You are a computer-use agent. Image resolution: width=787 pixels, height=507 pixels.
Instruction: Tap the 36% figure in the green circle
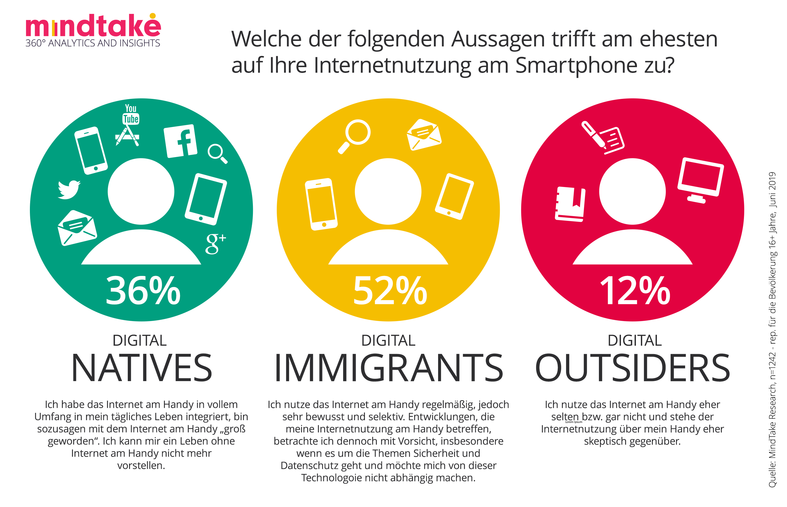[x=143, y=290]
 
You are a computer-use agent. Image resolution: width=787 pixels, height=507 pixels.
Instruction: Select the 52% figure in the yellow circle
[x=390, y=290]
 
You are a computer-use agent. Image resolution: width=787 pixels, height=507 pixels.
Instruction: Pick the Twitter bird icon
[x=68, y=189]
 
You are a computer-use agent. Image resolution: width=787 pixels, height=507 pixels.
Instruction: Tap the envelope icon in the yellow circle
[x=424, y=135]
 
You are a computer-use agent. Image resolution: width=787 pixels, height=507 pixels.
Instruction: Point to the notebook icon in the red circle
[x=570, y=204]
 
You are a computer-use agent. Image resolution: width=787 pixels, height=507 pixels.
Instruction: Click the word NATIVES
[x=142, y=368]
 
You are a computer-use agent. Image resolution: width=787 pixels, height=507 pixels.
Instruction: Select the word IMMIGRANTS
[x=389, y=368]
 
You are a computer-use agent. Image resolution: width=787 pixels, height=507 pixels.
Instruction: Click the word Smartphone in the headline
[x=576, y=65]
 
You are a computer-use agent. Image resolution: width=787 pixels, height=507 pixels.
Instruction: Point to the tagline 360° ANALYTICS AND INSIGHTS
[x=93, y=43]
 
